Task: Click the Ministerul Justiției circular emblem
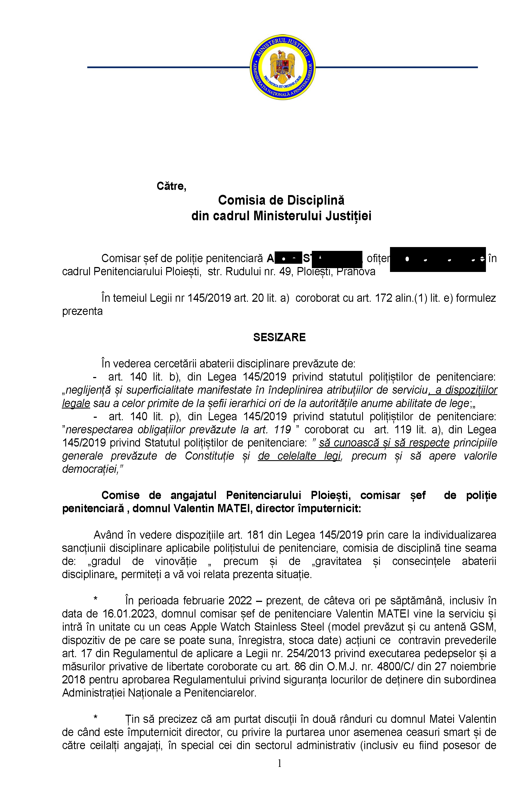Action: click(x=282, y=67)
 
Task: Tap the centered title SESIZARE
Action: click(x=279, y=337)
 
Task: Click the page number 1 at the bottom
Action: click(x=279, y=763)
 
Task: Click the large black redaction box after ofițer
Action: click(x=438, y=259)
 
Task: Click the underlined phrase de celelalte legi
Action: click(x=300, y=456)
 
